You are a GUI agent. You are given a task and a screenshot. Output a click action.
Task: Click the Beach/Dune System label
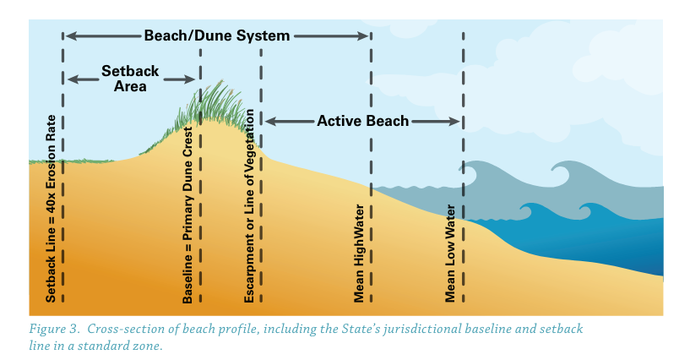pos(217,35)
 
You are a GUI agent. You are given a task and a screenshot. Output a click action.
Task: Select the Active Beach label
pos(362,121)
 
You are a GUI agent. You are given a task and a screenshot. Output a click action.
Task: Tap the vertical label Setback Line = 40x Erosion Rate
pos(52,209)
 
